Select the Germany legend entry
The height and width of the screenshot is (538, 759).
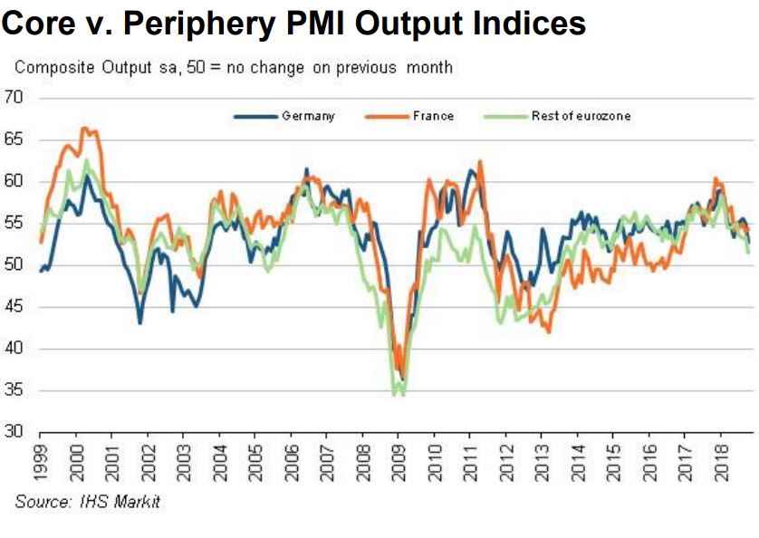pyautogui.click(x=308, y=117)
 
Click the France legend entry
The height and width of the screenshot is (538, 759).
pyautogui.click(x=433, y=117)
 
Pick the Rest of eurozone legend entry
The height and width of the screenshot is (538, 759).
pyautogui.click(x=581, y=117)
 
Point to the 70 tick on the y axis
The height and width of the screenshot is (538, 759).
pyautogui.click(x=14, y=98)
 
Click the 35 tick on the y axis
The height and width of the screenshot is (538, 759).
pyautogui.click(x=14, y=391)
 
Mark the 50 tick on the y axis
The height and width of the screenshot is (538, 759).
pyautogui.click(x=14, y=265)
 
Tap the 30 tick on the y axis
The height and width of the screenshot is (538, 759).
pyautogui.click(x=14, y=433)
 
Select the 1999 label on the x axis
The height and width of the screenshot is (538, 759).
pyautogui.click(x=40, y=463)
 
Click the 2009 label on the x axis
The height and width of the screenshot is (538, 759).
pyautogui.click(x=399, y=463)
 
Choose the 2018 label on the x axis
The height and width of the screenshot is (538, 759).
pyautogui.click(x=721, y=463)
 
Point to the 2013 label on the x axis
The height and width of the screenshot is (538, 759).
pyautogui.click(x=542, y=463)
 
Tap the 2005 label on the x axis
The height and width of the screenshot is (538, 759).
pyautogui.click(x=255, y=463)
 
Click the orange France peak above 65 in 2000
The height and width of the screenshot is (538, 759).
pyautogui.click(x=85, y=129)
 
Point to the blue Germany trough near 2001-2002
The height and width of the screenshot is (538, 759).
pyautogui.click(x=139, y=322)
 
